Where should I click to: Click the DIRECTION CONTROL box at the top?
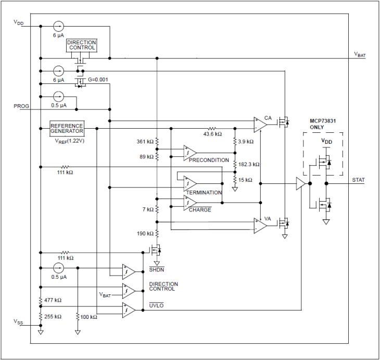pyautogui.click(x=82, y=45)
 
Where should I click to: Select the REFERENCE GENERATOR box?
pyautogui.click(x=67, y=128)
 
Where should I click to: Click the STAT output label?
pyautogui.click(x=359, y=180)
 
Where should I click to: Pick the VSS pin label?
pyautogui.click(x=19, y=322)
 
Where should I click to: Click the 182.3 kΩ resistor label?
pyautogui.click(x=249, y=164)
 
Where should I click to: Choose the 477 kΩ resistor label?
pyautogui.click(x=53, y=300)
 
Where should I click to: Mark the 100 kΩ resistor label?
pyautogui.click(x=90, y=316)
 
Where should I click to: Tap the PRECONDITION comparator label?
pyautogui.click(x=209, y=160)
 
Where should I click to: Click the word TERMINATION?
pyautogui.click(x=204, y=192)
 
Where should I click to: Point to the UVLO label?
pyautogui.click(x=156, y=305)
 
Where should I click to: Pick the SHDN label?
pyautogui.click(x=156, y=269)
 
